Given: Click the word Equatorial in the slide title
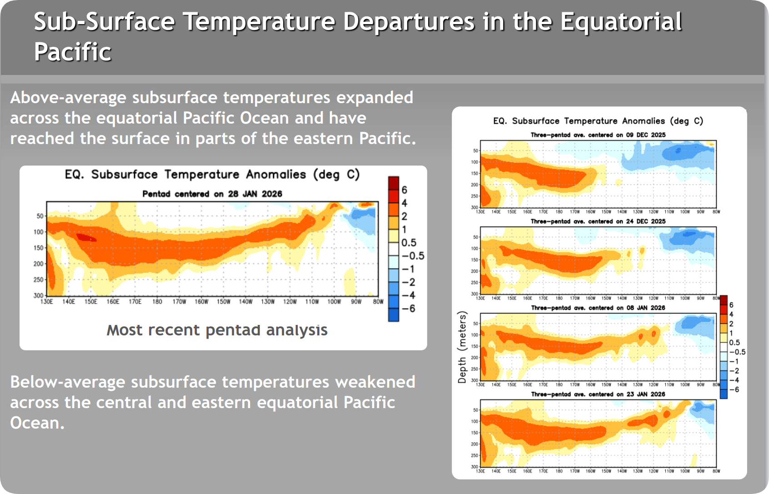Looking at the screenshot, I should pos(621,21).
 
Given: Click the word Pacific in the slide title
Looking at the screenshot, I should pos(73,52).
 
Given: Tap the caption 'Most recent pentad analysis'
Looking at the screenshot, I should pos(217,330).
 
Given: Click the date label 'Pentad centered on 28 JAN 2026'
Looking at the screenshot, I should pos(212,194).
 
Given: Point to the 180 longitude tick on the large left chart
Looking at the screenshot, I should pos(157,302).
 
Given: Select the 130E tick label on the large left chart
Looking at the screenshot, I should pos(47,302).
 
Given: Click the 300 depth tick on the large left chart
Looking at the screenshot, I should pos(38,295).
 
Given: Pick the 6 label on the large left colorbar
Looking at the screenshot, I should pos(404,190).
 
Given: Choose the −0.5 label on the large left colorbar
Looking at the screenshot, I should pos(413,256).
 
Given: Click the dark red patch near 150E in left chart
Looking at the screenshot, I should pos(85,237).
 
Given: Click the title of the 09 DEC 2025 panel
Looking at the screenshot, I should pos(598,135).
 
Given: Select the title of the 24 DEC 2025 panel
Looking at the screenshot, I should pos(598,221).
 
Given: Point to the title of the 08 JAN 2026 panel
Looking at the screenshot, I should pos(598,308).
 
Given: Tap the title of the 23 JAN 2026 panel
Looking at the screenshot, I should pos(598,394).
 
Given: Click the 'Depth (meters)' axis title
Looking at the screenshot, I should pos(462,347).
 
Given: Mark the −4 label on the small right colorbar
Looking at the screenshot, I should pos(734,380).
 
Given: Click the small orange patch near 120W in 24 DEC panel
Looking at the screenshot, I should pos(642,250).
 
